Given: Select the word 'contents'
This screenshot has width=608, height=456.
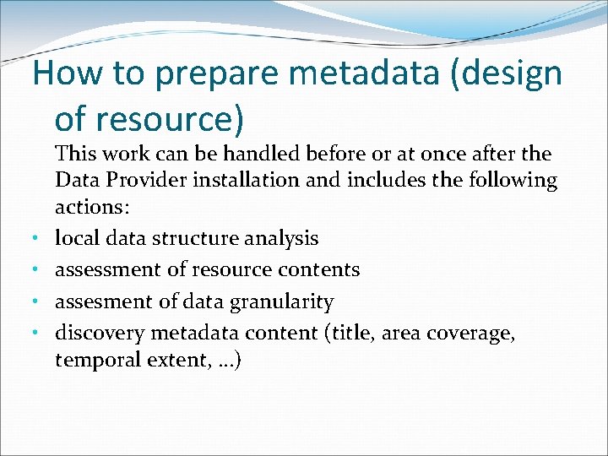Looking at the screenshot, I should (x=324, y=270).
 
